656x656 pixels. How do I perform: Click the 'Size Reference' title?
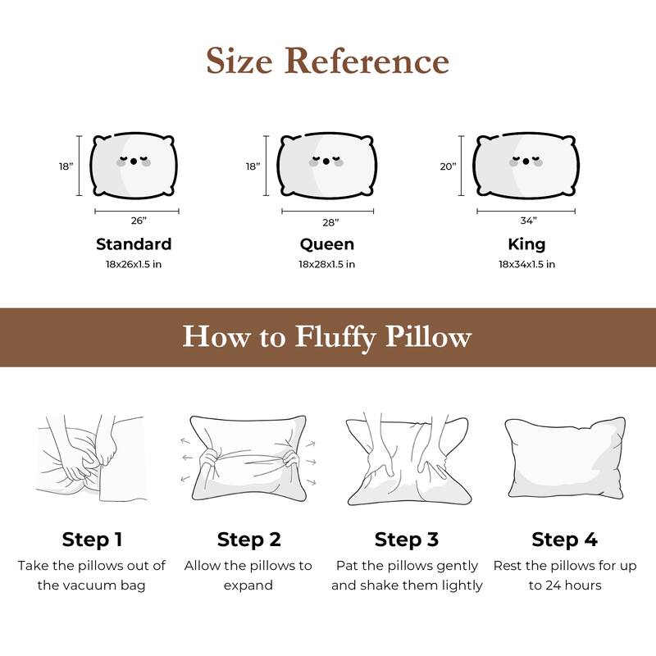(x=327, y=61)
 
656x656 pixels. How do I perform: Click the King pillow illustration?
(x=526, y=165)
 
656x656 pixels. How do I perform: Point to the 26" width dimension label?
(x=138, y=221)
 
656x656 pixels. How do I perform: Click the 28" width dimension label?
(x=330, y=222)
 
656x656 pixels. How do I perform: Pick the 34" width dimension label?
(x=528, y=221)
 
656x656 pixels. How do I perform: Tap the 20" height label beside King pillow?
(x=448, y=166)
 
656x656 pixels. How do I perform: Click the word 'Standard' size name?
(x=134, y=244)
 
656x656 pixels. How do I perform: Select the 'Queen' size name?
(x=326, y=244)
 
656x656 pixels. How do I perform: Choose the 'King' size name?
(x=526, y=244)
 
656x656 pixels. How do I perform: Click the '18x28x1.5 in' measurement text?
(x=326, y=264)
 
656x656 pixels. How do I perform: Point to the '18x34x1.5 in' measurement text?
(x=526, y=264)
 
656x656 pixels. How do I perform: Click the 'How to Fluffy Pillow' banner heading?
(x=327, y=337)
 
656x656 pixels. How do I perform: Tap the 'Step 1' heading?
(x=92, y=540)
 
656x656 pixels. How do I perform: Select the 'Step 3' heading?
(x=407, y=540)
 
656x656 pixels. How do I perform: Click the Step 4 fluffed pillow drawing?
(x=564, y=460)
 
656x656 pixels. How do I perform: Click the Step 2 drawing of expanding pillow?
(x=249, y=460)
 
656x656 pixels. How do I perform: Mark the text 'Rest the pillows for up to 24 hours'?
(x=564, y=576)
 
